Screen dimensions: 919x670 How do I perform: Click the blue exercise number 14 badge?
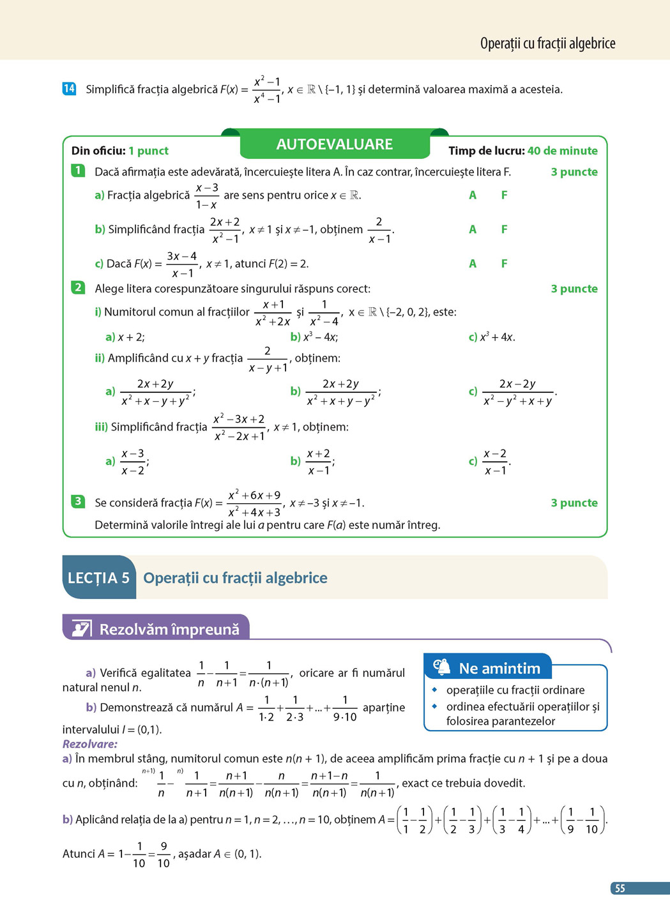click(69, 89)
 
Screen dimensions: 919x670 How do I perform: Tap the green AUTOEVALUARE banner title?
click(334, 144)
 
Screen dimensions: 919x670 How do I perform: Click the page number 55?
click(620, 888)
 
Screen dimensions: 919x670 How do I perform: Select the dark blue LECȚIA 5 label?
click(99, 578)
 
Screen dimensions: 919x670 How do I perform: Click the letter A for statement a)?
click(473, 195)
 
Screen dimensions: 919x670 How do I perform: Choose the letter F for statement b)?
click(504, 229)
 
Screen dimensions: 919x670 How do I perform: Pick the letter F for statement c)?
click(504, 263)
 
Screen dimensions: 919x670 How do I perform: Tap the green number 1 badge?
click(78, 171)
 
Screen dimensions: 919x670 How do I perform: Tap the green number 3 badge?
click(78, 501)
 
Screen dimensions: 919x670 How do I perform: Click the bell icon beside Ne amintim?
click(442, 667)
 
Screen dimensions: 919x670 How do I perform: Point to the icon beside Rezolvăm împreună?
click(81, 628)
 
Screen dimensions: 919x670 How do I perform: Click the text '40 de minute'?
click(562, 151)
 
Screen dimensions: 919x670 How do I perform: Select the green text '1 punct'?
click(148, 151)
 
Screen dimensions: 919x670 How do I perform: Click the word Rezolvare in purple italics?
click(90, 744)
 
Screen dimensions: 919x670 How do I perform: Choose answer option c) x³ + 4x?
click(492, 337)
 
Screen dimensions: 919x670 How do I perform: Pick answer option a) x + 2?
click(125, 337)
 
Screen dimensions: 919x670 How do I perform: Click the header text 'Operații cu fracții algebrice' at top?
click(547, 43)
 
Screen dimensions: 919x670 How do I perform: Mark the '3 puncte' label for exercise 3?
click(574, 503)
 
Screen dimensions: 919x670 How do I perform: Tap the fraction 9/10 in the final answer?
click(164, 854)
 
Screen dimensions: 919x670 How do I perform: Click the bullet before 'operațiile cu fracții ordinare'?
click(434, 690)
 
